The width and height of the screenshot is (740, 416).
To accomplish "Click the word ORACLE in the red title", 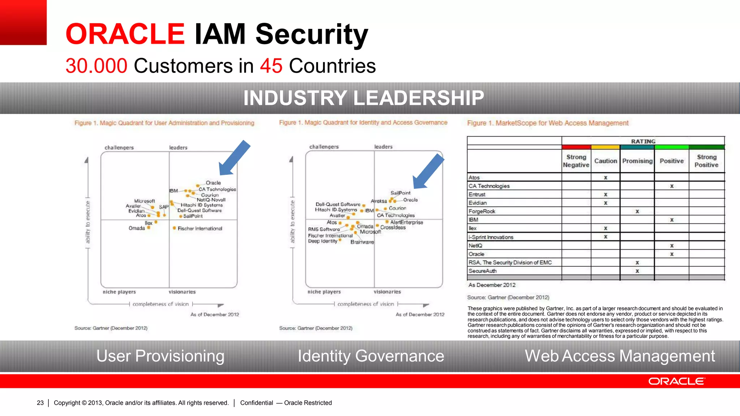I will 125,34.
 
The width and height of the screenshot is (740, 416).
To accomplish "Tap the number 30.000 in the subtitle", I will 96,66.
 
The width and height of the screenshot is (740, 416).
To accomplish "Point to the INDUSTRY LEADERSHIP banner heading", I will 363,98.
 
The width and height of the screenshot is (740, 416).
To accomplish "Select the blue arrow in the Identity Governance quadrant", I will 428,172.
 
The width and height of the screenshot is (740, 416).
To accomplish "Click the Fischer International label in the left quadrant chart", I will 200,229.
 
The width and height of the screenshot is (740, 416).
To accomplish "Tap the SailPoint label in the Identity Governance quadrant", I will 400,193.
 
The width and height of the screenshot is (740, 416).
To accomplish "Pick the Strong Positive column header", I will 706,161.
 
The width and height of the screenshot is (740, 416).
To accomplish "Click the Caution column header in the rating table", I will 606,161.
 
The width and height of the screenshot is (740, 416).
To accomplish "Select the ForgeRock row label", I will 482,211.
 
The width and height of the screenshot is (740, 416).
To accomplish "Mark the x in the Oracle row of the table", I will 672,254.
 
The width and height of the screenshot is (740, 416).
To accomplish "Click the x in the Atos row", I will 606,178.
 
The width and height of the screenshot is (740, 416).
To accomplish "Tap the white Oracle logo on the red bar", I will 676,381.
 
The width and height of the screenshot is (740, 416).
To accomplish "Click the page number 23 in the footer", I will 40,403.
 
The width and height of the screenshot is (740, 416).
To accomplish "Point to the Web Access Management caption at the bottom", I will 620,356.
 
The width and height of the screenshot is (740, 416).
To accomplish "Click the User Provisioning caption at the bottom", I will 160,356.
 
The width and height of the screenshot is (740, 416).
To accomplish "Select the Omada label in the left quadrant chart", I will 137,228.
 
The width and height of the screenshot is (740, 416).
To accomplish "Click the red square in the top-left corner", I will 23,22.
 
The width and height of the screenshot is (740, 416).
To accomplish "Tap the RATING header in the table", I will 643,141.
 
